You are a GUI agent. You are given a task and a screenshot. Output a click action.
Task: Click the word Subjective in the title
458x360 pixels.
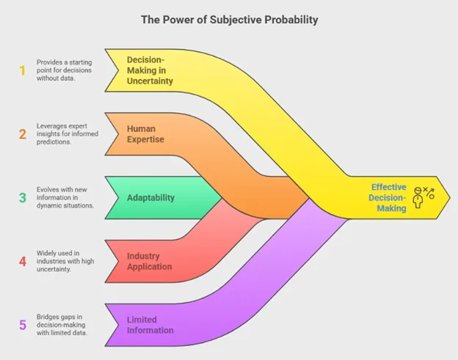tap(236, 20)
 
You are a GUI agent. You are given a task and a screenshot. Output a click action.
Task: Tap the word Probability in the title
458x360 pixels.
tap(291, 20)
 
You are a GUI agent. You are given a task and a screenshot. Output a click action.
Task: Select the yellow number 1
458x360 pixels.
tap(23, 70)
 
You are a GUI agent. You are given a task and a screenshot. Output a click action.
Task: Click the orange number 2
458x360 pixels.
tap(23, 134)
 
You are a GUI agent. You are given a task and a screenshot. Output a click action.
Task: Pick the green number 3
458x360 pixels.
tap(23, 198)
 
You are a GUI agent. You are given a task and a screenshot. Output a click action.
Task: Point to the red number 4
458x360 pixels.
tap(23, 262)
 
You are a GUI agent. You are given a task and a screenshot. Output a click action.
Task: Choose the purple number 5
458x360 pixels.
tap(23, 325)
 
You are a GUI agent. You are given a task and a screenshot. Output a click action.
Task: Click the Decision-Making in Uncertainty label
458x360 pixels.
tap(150, 70)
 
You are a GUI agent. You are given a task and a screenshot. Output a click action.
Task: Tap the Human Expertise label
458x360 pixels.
tap(145, 134)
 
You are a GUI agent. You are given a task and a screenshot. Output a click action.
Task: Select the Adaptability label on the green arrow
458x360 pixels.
tap(150, 198)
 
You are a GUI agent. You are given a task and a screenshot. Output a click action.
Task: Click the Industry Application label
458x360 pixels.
tap(149, 262)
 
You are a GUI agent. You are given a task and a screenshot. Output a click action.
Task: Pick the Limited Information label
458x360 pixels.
tap(150, 325)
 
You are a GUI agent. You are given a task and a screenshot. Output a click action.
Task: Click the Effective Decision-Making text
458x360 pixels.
tap(388, 198)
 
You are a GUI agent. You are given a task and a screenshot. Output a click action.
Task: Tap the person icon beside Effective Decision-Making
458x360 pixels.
tap(418, 198)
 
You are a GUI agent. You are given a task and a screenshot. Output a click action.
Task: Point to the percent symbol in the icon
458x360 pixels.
tap(429, 193)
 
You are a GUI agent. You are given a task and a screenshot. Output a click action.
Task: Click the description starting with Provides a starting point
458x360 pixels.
tap(64, 70)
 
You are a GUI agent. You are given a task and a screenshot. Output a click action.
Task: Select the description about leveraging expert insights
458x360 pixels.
tap(68, 134)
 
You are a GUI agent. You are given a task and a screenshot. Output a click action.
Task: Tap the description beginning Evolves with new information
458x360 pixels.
tap(65, 197)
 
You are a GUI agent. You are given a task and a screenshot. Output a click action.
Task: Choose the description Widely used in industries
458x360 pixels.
tap(65, 261)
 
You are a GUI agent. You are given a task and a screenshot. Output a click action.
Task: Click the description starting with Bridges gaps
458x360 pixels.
tap(62, 325)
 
